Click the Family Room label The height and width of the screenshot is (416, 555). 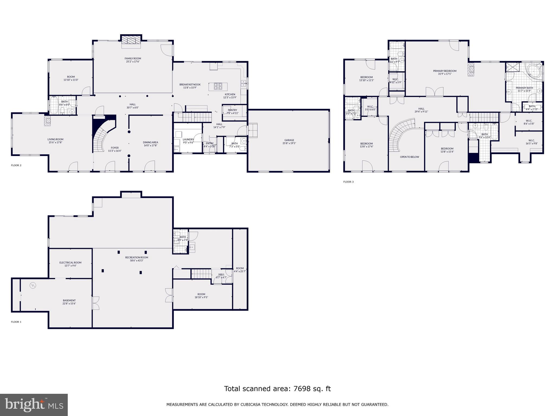pyautogui.click(x=133, y=58)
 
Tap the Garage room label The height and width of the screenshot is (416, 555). pyautogui.click(x=289, y=140)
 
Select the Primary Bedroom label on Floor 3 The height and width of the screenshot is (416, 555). pyautogui.click(x=444, y=71)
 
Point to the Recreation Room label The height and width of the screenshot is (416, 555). pyautogui.click(x=137, y=257)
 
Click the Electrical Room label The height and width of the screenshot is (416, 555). pyautogui.click(x=70, y=262)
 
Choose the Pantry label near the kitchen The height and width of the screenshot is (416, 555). pyautogui.click(x=232, y=110)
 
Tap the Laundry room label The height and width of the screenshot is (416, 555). pyautogui.click(x=188, y=139)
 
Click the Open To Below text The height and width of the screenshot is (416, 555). pyautogui.click(x=409, y=157)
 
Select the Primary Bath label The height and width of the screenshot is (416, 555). pyautogui.click(x=524, y=88)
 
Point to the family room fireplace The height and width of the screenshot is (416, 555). pyautogui.click(x=131, y=40)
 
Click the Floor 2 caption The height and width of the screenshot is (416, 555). pyautogui.click(x=16, y=165)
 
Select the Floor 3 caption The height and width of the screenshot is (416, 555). pyautogui.click(x=348, y=182)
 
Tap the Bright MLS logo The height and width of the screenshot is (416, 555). pyautogui.click(x=34, y=405)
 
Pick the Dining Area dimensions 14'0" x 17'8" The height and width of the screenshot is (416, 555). pyautogui.click(x=150, y=145)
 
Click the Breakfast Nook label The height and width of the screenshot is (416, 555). pyautogui.click(x=190, y=84)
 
